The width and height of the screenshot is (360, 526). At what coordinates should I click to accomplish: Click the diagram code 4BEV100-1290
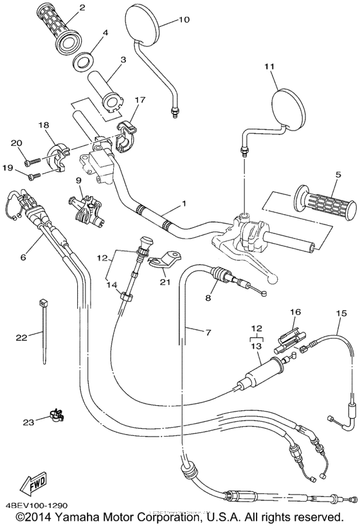coord(37,505)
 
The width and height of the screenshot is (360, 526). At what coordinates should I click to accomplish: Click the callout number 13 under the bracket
coord(257,346)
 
